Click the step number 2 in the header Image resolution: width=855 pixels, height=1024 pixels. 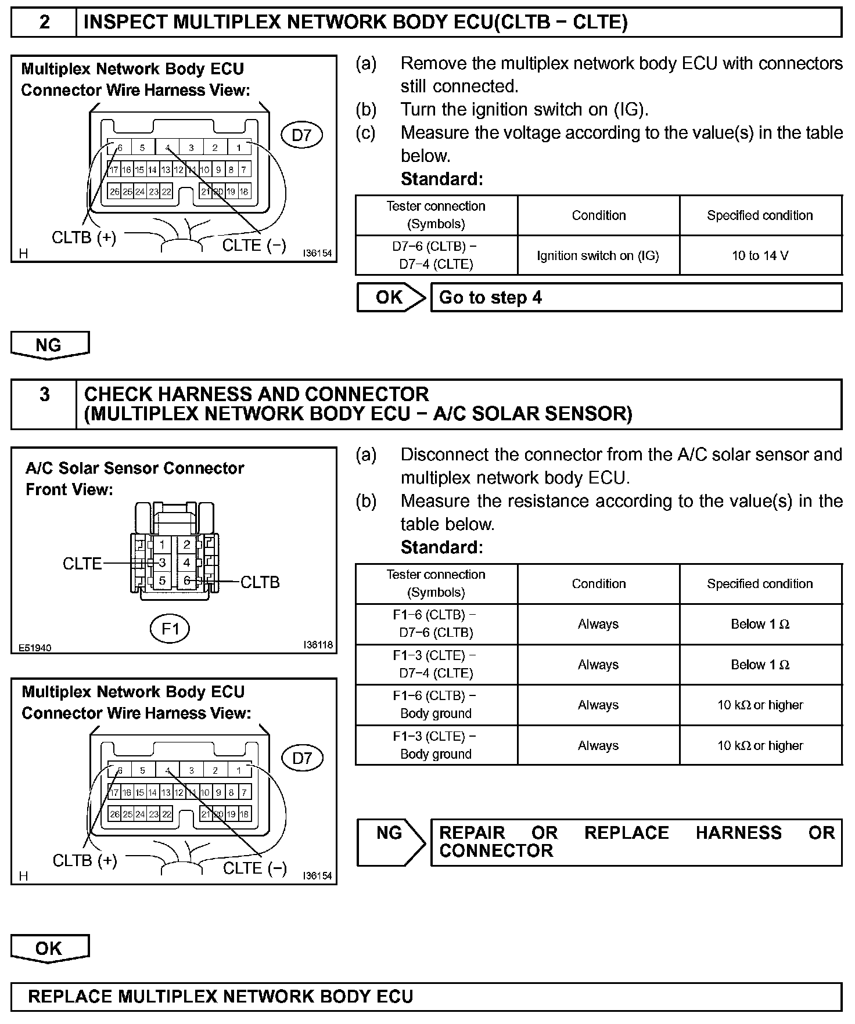point(44,23)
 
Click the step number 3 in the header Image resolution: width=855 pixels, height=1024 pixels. point(44,395)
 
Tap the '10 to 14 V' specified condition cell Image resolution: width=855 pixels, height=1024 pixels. point(760,255)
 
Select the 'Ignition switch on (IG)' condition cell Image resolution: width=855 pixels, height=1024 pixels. point(598,255)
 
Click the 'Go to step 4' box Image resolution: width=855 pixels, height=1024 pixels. point(635,298)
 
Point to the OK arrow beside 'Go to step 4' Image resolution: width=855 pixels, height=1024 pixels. point(391,298)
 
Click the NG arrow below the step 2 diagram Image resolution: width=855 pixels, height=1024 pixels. point(49,345)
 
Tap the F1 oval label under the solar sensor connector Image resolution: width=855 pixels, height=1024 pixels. point(170,629)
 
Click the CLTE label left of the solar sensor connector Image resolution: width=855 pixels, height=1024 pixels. point(82,563)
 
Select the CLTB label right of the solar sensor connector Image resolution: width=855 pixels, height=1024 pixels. point(260,582)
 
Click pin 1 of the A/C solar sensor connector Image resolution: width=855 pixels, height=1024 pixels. point(162,545)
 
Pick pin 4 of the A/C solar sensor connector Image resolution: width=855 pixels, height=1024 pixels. point(186,563)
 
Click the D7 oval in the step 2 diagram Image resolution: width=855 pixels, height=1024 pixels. point(301,135)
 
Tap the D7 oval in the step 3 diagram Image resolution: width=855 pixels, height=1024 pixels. point(302,758)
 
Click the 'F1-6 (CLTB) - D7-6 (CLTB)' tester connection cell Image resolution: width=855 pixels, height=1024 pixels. point(436,624)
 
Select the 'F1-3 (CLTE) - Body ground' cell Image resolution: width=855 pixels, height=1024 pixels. point(436,745)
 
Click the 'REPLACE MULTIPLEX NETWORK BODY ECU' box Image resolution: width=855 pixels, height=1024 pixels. point(426,997)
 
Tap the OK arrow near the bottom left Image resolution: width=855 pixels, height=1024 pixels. point(49,949)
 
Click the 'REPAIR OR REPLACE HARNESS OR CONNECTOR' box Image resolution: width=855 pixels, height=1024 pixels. point(635,842)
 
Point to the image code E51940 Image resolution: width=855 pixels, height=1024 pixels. point(35,648)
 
